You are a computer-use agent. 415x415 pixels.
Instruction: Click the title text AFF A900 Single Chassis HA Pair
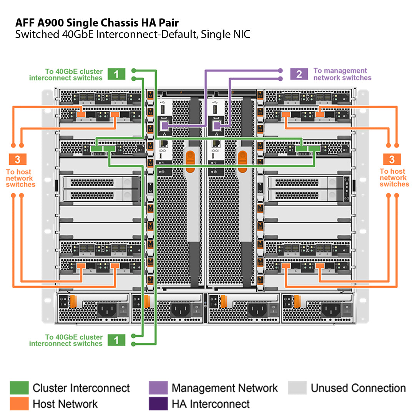click(x=97, y=22)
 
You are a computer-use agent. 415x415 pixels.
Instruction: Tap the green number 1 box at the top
click(x=116, y=74)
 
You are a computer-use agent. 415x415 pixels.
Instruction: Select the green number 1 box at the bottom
click(x=116, y=340)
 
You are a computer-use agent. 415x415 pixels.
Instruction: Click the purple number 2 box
click(x=299, y=74)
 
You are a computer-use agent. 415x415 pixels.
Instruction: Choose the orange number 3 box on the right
click(x=392, y=159)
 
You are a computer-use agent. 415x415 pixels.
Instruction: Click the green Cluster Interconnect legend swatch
click(x=19, y=388)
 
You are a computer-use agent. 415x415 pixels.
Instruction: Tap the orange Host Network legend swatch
click(x=19, y=403)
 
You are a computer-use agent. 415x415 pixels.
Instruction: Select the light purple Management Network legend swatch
click(x=158, y=388)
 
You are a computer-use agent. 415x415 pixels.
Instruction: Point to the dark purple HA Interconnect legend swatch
click(x=158, y=403)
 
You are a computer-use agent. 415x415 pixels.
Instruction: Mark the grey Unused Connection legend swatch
click(x=297, y=388)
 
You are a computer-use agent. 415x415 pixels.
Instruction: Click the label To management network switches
click(x=342, y=74)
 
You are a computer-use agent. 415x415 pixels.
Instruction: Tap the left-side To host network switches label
click(x=20, y=178)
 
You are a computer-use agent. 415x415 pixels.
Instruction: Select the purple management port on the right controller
click(x=217, y=125)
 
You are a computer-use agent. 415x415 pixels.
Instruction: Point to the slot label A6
click(x=151, y=191)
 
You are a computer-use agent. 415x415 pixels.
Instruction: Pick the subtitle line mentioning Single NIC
click(x=133, y=35)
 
